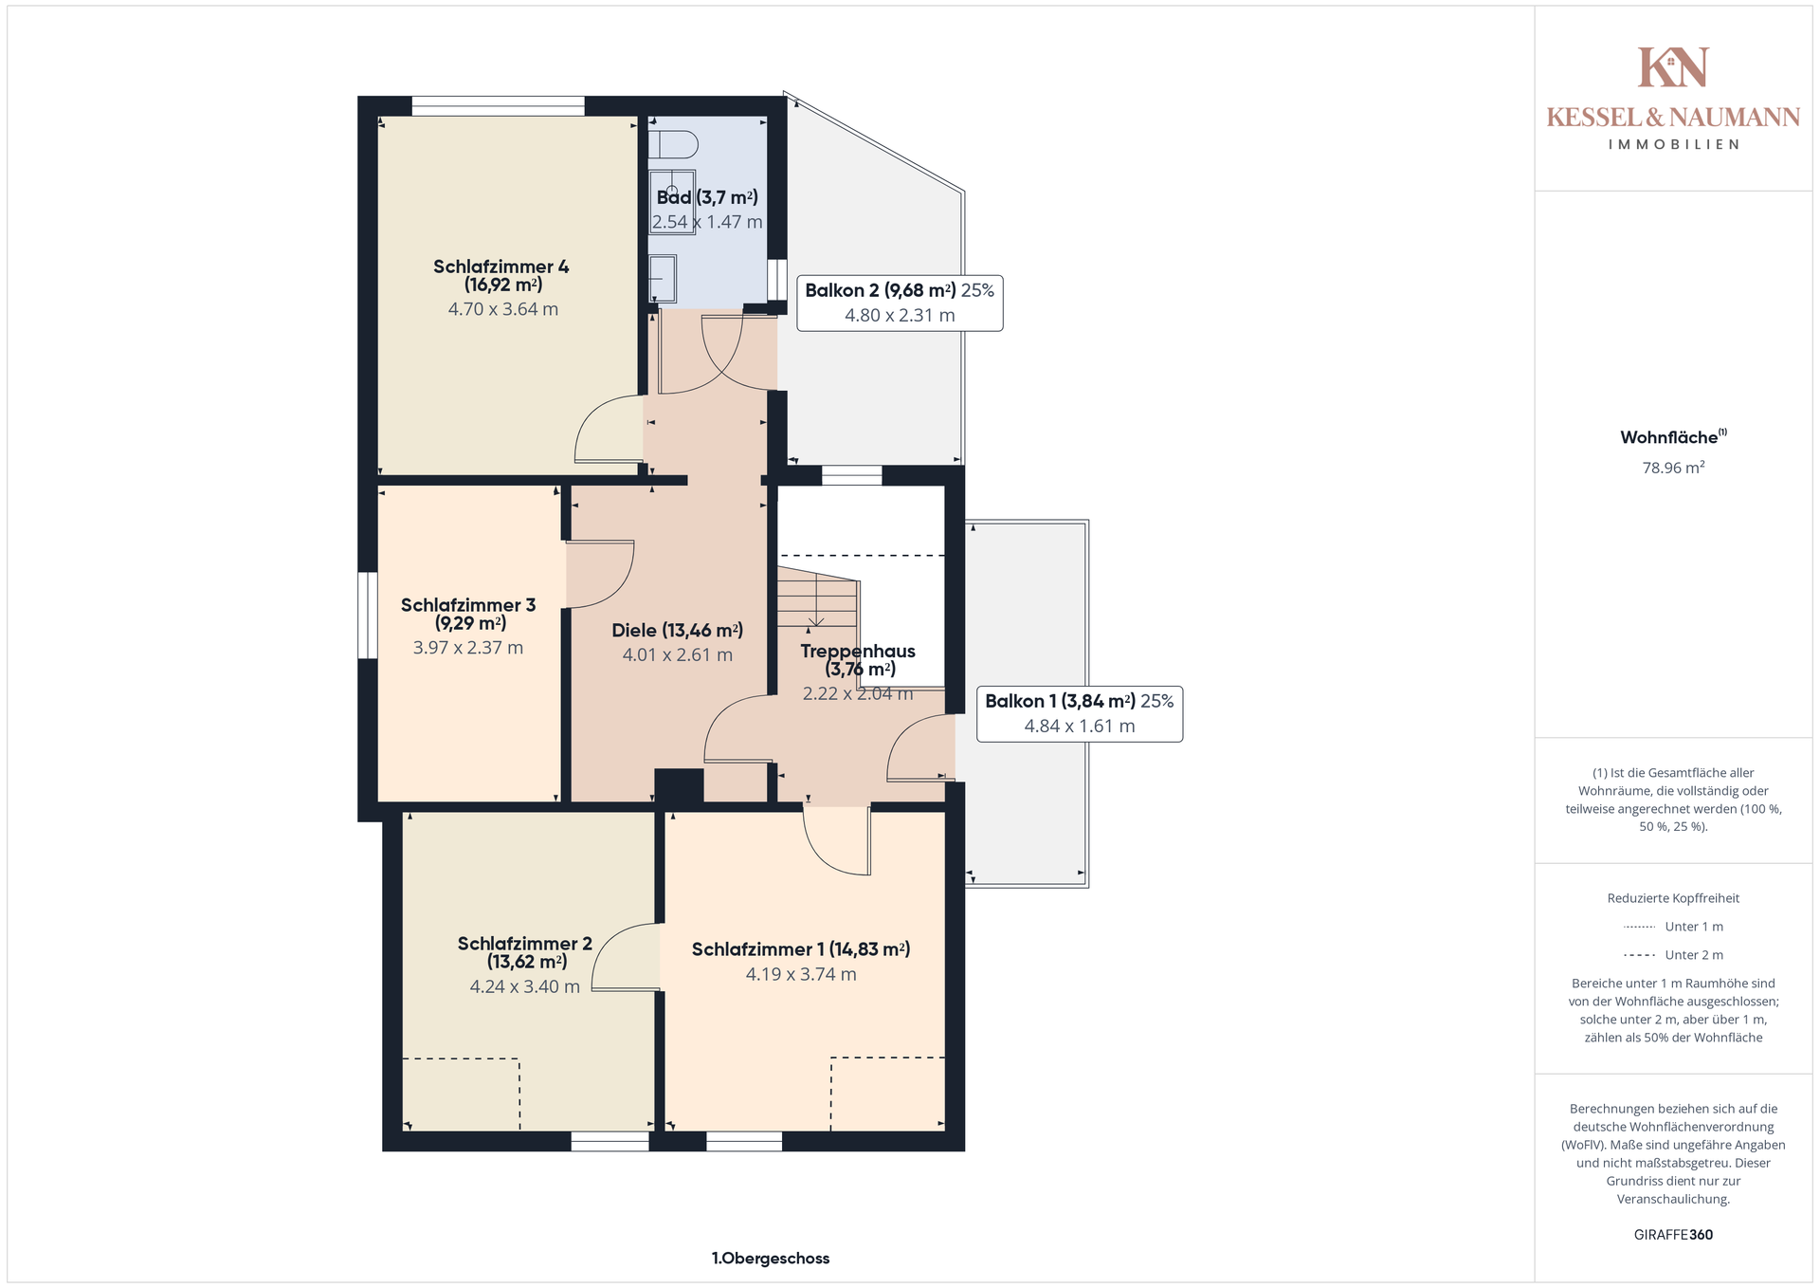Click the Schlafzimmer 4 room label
[x=501, y=275]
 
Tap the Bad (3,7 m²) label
[x=707, y=197]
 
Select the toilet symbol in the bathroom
[x=673, y=144]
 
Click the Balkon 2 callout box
[x=900, y=304]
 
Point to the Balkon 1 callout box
[x=1080, y=713]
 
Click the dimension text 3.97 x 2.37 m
[x=468, y=648]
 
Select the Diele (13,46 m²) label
[x=677, y=630]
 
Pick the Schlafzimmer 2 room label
[x=525, y=952]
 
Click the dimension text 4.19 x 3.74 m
[x=801, y=974]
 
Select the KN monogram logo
[x=1674, y=67]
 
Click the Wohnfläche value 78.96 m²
[x=1674, y=468]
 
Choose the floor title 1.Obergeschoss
[x=771, y=1259]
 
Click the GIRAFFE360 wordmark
[x=1674, y=1235]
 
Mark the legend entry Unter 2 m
[x=1674, y=955]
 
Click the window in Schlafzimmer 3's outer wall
[x=367, y=615]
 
